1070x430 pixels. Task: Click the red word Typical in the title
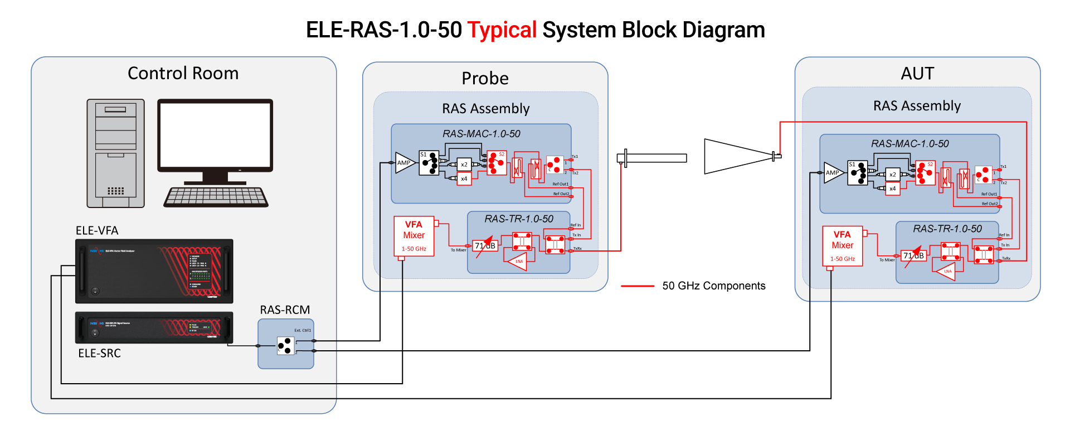[x=502, y=30]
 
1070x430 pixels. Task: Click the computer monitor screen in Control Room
[x=215, y=134]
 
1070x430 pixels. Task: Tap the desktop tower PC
[x=115, y=153]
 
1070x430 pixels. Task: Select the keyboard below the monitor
[x=216, y=197]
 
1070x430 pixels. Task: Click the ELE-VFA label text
[x=97, y=230]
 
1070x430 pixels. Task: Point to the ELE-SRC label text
[x=99, y=353]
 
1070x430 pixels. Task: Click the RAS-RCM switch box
[x=285, y=345]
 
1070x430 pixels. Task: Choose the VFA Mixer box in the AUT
[x=842, y=246]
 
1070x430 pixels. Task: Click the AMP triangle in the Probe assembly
[x=404, y=163]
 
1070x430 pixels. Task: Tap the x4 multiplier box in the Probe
[x=464, y=178]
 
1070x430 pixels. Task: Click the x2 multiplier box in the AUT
[x=893, y=175]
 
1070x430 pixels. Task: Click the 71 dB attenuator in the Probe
[x=485, y=246]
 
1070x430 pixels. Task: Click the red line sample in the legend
[x=637, y=286]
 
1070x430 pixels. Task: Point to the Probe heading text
[x=485, y=79]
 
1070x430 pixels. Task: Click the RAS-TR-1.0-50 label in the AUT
[x=947, y=229]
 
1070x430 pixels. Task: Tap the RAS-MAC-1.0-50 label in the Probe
[x=481, y=134]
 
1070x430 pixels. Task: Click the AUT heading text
[x=917, y=74]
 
